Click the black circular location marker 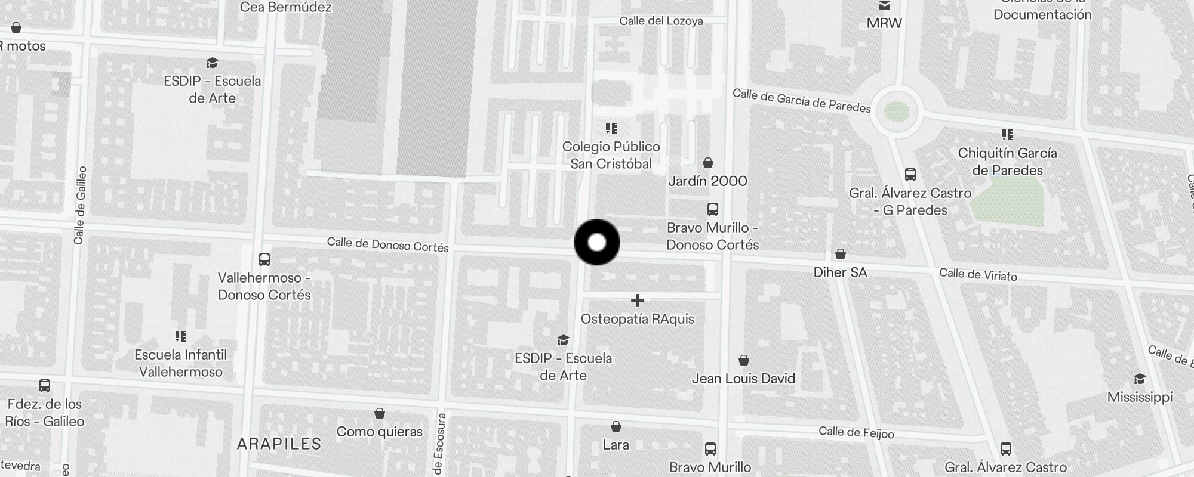pos(597,242)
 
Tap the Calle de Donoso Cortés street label pos(387,244)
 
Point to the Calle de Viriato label pos(978,274)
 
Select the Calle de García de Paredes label pos(801,101)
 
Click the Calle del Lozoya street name pos(661,21)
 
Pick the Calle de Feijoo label pos(856,432)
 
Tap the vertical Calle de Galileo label pos(79,205)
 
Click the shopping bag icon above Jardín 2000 pos(708,163)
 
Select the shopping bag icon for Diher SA pos(841,255)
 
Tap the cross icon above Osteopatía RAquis pos(638,301)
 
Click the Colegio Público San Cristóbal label pos(611,155)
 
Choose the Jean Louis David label pos(743,379)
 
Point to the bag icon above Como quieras pos(380,413)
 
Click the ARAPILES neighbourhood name pos(279,444)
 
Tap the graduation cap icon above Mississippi pos(1140,380)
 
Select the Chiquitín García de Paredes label pos(1007,162)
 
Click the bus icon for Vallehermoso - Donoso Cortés pos(264,259)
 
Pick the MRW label pos(884,23)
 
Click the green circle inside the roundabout pos(896,111)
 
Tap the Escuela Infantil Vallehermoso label pos(180,363)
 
